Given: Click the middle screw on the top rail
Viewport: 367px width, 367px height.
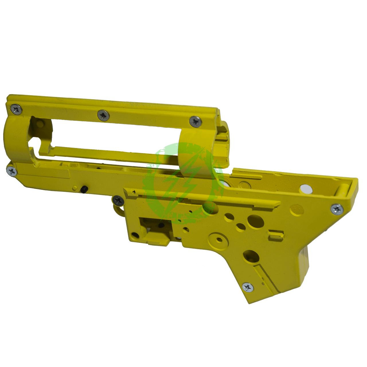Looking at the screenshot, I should click(x=103, y=115).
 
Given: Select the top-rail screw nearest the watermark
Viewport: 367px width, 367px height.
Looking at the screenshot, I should click(x=196, y=122).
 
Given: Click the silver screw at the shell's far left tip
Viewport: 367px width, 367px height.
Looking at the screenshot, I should click(x=12, y=171).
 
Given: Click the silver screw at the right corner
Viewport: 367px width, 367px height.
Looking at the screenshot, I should click(x=337, y=209).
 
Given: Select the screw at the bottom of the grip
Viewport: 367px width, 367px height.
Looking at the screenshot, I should click(x=247, y=287).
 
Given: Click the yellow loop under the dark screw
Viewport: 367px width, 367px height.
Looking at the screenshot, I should click(x=119, y=210).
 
